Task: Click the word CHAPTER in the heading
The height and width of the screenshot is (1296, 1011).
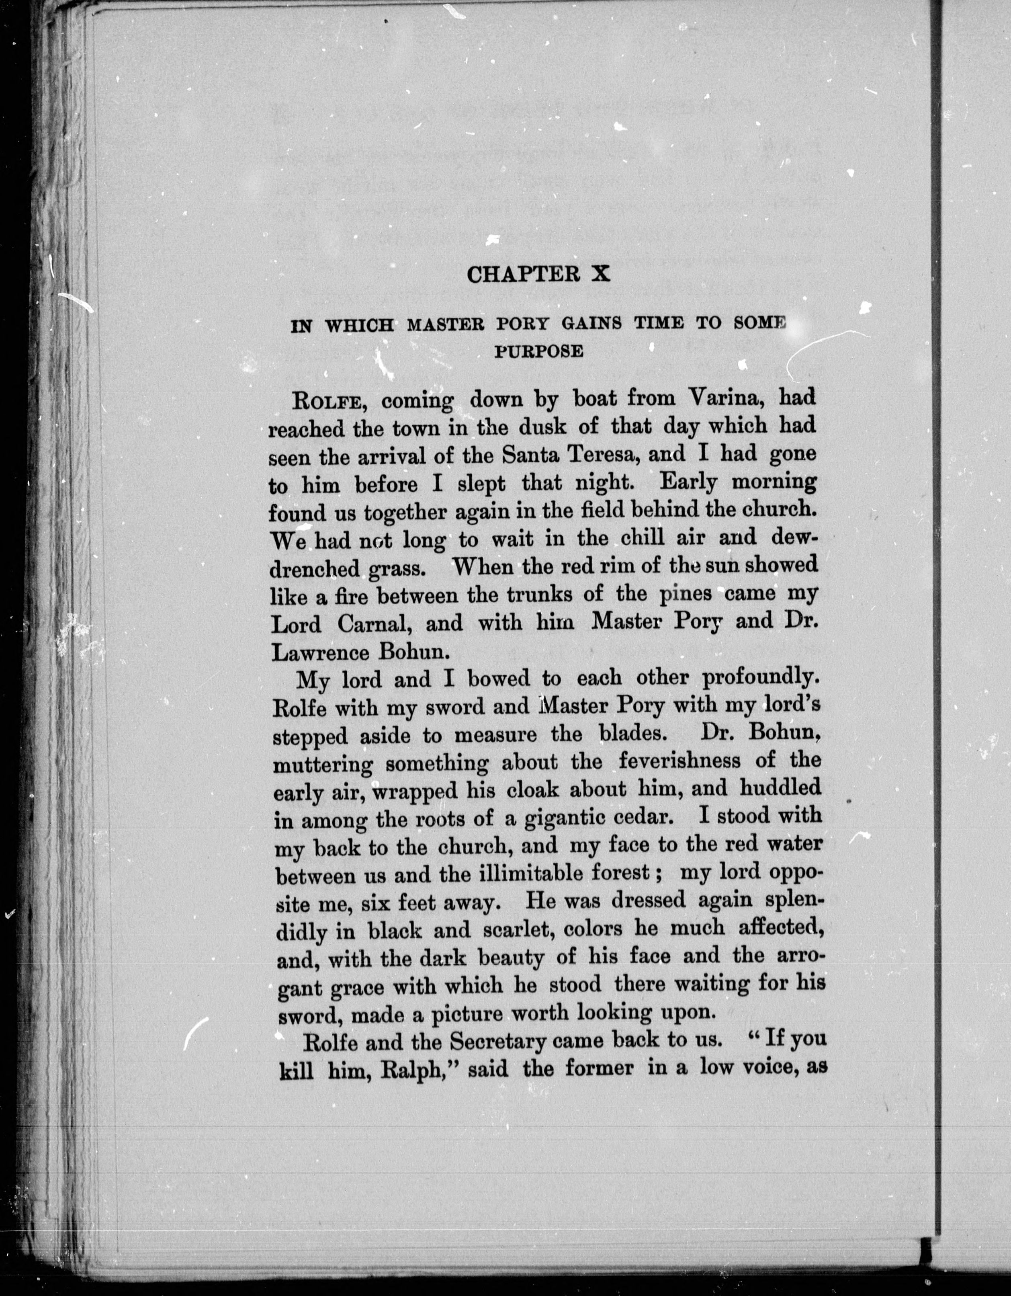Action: point(522,274)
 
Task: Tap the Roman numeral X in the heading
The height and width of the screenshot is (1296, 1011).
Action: point(599,274)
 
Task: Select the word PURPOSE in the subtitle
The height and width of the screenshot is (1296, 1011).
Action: point(539,352)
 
